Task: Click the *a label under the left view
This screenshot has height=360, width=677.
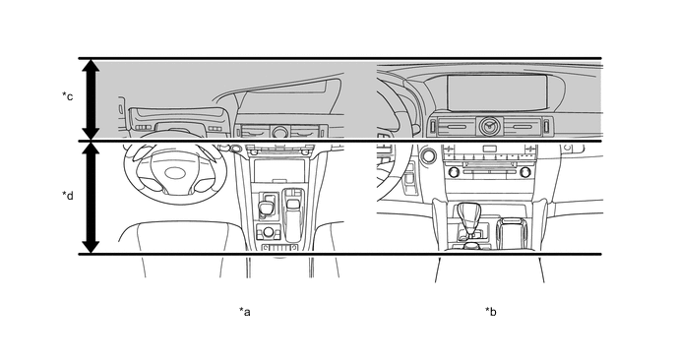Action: (x=245, y=311)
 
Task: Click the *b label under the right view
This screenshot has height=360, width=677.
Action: (x=490, y=311)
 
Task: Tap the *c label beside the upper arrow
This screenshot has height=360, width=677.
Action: (x=67, y=95)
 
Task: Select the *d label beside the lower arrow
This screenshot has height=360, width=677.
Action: (x=67, y=196)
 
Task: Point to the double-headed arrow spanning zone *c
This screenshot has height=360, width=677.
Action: (x=91, y=99)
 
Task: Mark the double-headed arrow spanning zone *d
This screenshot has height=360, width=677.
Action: (x=91, y=198)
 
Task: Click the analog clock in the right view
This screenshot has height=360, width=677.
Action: (x=490, y=127)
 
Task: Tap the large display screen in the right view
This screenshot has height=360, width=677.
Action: (x=497, y=93)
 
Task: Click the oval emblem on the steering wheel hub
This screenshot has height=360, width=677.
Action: (x=176, y=173)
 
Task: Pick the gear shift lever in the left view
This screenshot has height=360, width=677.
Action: (x=265, y=209)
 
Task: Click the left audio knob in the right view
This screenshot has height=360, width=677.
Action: (x=454, y=172)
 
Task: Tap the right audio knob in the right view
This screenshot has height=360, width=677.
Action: (x=525, y=172)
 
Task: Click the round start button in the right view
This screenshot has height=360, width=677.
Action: (x=428, y=155)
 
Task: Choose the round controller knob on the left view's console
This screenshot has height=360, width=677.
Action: (x=268, y=233)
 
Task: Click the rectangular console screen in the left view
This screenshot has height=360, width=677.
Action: (x=279, y=171)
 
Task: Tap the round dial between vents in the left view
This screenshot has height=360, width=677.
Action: (x=279, y=131)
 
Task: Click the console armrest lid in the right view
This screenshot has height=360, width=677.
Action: (x=512, y=233)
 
